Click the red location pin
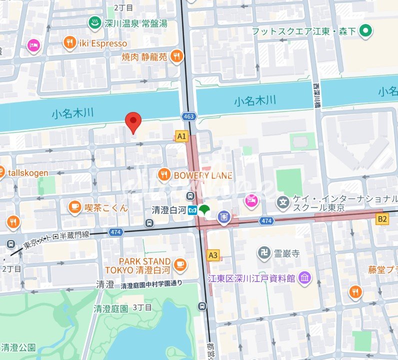tap(132, 121)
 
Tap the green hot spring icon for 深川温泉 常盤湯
tap(93, 22)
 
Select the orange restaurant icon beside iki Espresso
tap(70, 43)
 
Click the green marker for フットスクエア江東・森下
tap(366, 31)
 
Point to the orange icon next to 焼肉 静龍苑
tap(176, 57)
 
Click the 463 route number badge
tap(188, 116)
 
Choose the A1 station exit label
tap(181, 135)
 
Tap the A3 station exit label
tap(213, 255)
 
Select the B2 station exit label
tap(382, 218)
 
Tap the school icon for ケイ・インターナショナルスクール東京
tap(284, 202)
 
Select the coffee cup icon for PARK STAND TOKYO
tap(180, 265)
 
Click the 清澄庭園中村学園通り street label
tap(152, 285)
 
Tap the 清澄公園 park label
tap(18, 347)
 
